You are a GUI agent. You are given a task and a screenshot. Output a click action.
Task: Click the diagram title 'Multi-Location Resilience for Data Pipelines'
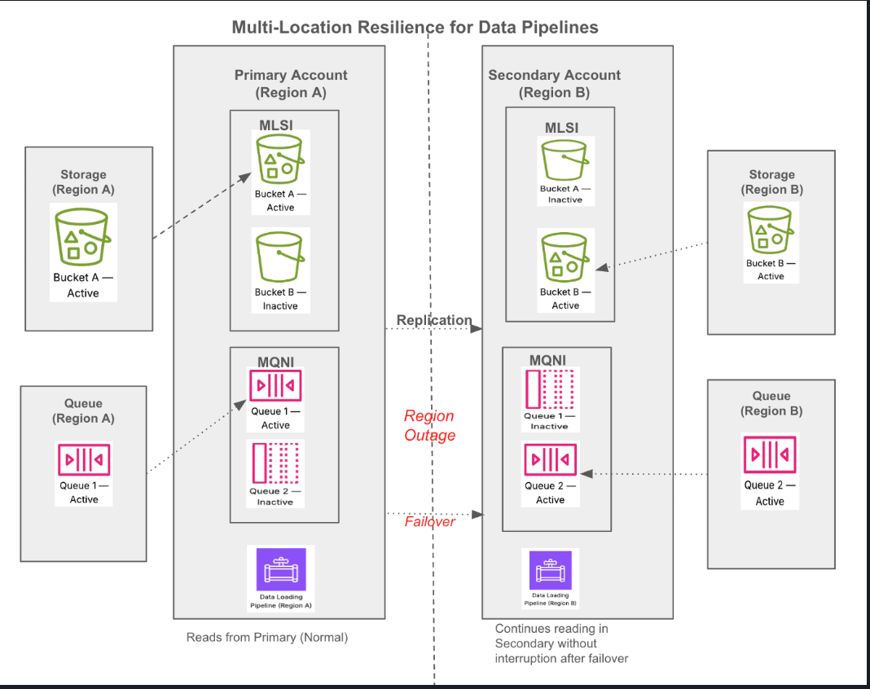point(415,27)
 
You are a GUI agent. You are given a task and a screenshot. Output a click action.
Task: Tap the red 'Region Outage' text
point(429,425)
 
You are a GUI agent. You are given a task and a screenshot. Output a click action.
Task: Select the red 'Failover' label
point(430,521)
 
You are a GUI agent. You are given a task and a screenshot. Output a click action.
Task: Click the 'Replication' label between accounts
point(434,320)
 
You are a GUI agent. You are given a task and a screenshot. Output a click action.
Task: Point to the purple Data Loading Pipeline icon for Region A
point(281,569)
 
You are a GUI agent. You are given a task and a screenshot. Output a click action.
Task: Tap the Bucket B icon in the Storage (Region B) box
point(770,230)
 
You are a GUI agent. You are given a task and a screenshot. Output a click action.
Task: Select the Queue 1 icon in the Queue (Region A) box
point(84,460)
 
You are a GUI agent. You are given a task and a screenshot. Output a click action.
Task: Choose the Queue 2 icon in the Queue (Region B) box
point(770,455)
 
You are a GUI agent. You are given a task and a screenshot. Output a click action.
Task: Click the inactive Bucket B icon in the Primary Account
point(280,257)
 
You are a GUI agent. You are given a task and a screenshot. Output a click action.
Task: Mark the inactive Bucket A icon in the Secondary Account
point(565,160)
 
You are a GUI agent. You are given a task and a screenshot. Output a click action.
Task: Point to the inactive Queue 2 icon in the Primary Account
point(275,463)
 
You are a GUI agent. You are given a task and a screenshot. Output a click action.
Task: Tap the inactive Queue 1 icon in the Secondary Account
point(549,389)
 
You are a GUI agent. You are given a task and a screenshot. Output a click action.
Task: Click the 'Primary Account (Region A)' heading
point(291,83)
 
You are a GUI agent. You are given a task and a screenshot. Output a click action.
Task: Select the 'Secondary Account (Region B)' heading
point(555,83)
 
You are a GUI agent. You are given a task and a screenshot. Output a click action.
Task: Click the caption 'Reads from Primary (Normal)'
point(267,637)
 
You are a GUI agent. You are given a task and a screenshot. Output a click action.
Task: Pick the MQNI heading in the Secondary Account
point(547,359)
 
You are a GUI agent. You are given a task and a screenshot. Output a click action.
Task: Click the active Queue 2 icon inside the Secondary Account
point(550,460)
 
